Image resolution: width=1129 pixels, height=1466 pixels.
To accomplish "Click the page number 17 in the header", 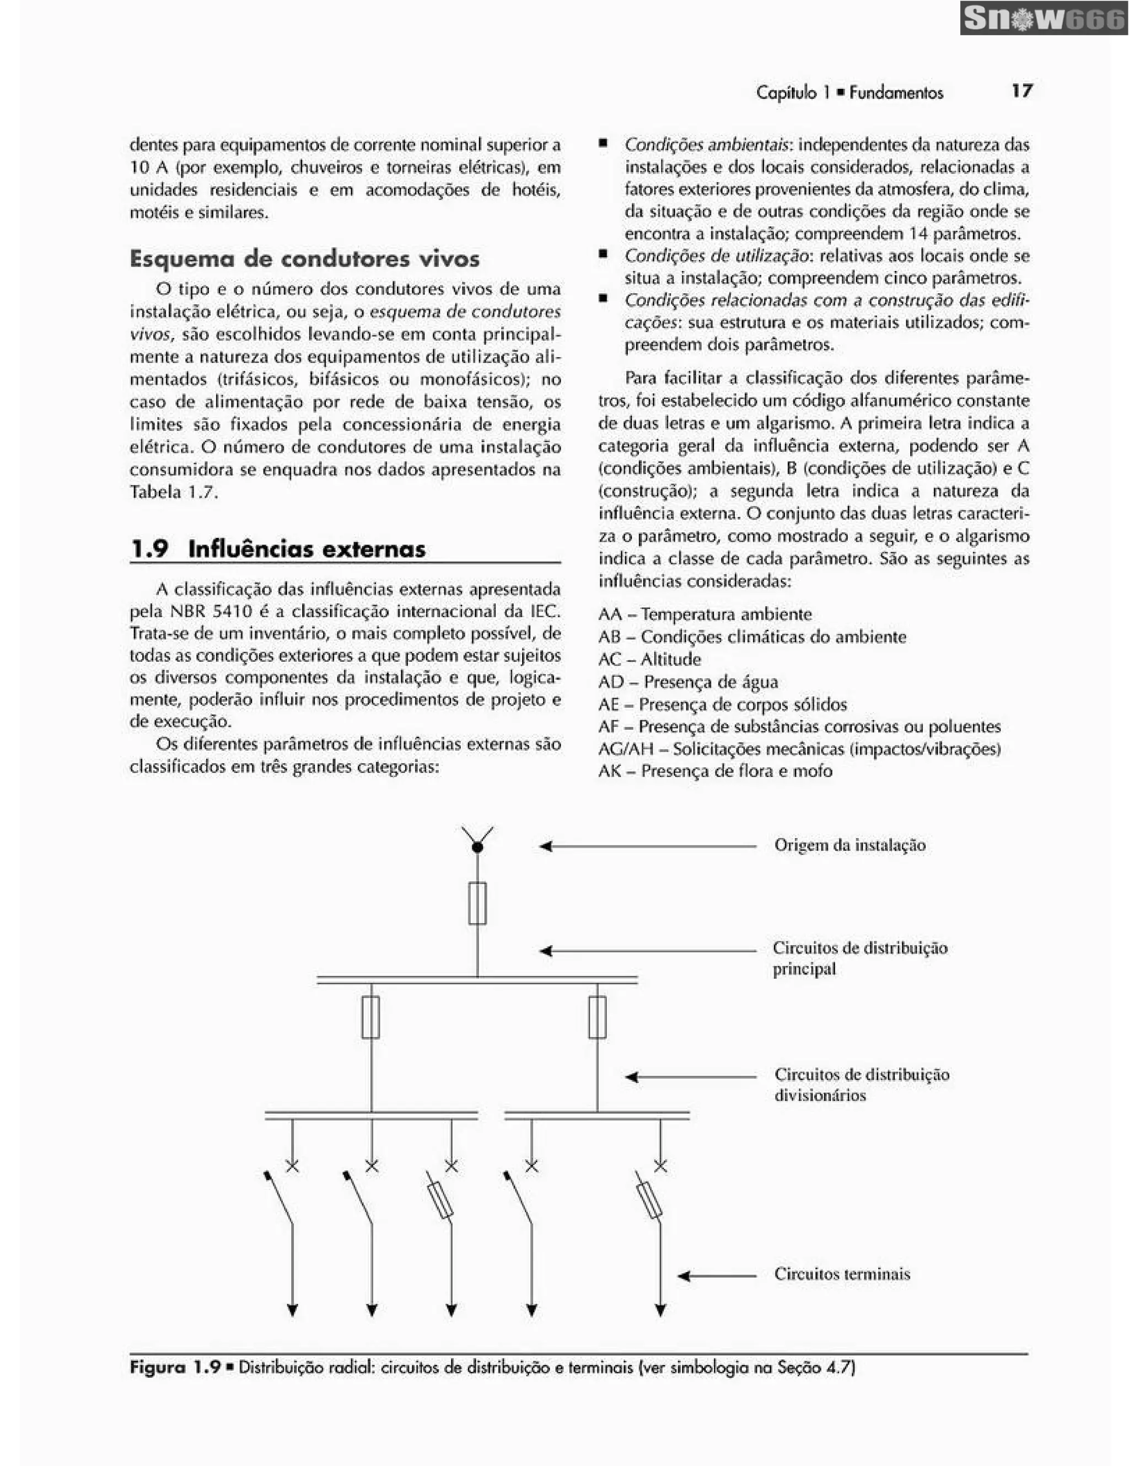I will [1022, 90].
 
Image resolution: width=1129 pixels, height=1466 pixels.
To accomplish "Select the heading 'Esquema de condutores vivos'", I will [305, 259].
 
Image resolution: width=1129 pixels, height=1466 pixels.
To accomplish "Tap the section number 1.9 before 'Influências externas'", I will [149, 549].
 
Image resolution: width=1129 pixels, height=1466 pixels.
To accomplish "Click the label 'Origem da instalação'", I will [850, 845].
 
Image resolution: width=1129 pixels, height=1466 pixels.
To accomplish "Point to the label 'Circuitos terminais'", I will [842, 1274].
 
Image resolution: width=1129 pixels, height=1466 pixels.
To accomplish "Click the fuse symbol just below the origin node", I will [477, 903].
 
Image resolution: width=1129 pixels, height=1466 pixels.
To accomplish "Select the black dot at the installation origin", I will [477, 848].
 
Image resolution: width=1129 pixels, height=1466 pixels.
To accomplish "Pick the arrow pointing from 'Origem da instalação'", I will [647, 847].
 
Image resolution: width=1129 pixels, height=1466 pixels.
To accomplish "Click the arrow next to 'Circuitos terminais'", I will [716, 1275].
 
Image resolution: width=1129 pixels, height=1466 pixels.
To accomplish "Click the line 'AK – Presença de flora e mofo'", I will [715, 771].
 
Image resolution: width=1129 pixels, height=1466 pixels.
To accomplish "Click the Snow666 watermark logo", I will [1043, 18].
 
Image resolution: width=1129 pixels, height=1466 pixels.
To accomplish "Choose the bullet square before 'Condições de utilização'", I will [604, 255].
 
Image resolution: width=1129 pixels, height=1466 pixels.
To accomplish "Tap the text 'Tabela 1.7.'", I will [174, 492].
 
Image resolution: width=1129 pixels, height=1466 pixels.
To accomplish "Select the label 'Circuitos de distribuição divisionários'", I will [861, 1085].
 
